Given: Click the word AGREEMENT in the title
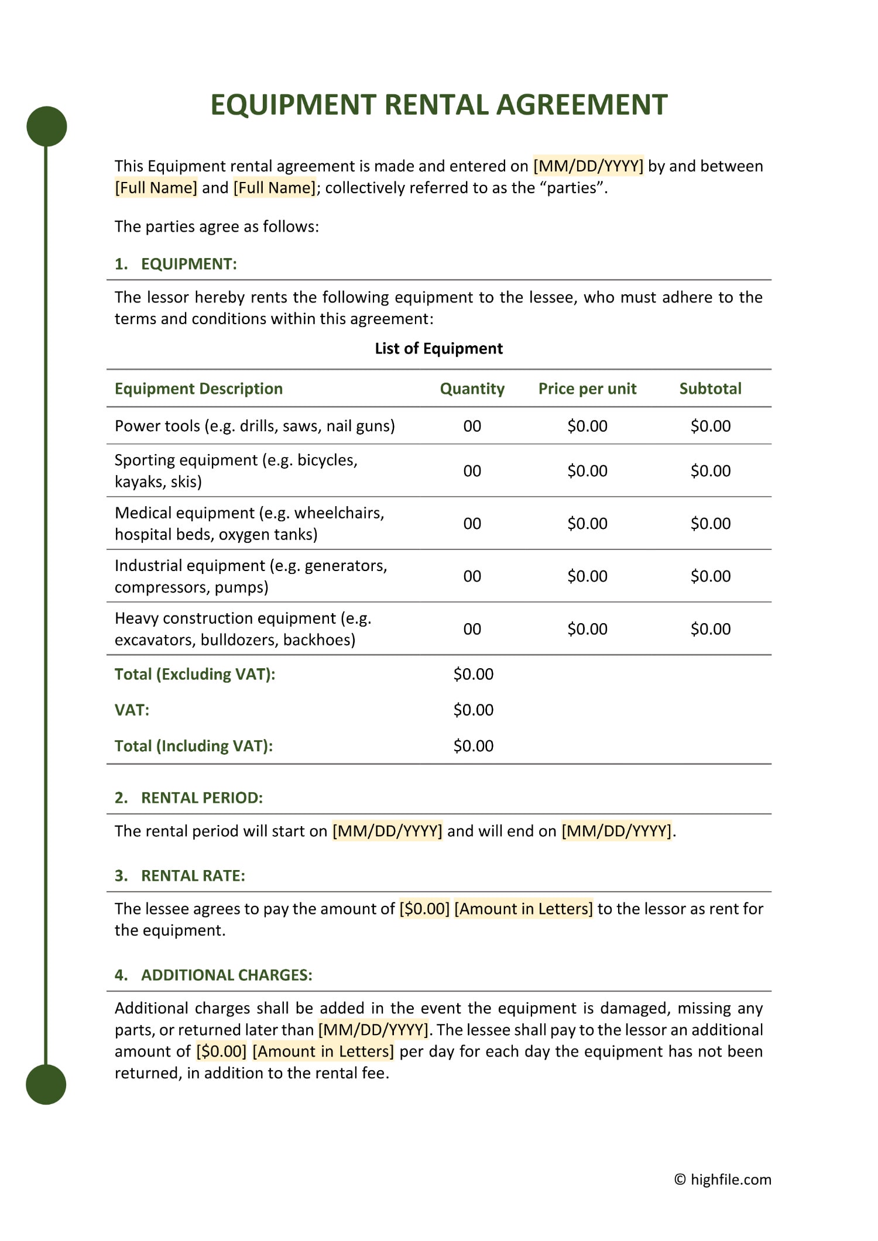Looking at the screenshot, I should [582, 105].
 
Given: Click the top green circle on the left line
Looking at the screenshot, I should [47, 126].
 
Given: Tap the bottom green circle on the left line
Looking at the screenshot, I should [46, 1084].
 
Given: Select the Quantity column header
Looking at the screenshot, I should [472, 389].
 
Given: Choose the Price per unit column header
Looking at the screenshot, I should [587, 389].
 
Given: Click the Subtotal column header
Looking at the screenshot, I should [710, 389].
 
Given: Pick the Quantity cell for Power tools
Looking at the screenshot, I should [472, 426].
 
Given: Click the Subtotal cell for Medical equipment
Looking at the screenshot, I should [710, 524].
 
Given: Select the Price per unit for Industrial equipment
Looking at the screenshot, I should [587, 576].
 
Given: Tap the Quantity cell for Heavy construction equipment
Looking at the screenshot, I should [472, 629].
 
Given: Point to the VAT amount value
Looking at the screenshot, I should [473, 710].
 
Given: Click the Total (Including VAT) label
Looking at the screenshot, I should [194, 746].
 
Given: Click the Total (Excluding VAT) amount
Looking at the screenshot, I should [473, 674].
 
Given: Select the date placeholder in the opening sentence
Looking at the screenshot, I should [588, 166].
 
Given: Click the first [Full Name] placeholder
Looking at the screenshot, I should [156, 188].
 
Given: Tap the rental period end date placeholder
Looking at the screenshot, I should [616, 831].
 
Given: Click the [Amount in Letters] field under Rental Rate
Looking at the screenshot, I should [523, 909].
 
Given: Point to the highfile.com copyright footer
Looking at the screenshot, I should [723, 1180].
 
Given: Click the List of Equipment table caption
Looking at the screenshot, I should [438, 349].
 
